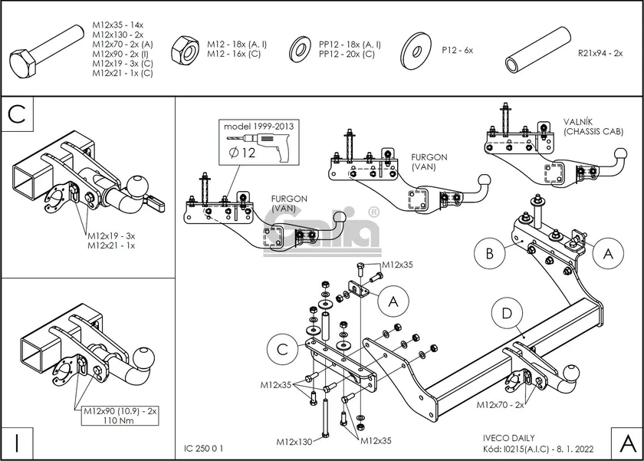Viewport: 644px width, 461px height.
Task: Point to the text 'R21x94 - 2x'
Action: [x=600, y=53]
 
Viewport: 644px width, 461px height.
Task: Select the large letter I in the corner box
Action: [x=17, y=442]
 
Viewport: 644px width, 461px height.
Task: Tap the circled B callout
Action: [x=490, y=253]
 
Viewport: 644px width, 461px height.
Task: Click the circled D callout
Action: [x=507, y=314]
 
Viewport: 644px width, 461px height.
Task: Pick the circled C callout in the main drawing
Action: [x=283, y=351]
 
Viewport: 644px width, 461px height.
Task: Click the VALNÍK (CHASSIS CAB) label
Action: [x=593, y=127]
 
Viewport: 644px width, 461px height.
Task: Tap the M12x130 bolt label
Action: [x=294, y=442]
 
